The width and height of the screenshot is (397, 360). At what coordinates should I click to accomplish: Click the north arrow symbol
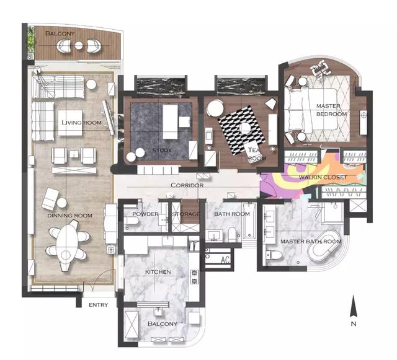tap(354, 306)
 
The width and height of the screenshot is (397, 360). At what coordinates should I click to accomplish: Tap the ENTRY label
tap(98, 305)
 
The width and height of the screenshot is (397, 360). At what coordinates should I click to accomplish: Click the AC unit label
tap(225, 260)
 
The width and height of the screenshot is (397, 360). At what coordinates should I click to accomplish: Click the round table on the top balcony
tap(79, 45)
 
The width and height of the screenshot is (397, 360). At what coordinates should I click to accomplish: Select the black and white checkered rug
tap(242, 130)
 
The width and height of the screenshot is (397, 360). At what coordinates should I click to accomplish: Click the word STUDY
tap(162, 151)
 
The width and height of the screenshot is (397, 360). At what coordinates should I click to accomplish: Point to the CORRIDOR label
tap(187, 185)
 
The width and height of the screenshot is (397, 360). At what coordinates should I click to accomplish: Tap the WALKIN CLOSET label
tap(323, 177)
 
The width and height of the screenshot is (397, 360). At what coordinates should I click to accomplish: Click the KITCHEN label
tap(158, 272)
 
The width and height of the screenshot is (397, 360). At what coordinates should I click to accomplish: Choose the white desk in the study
tap(170, 121)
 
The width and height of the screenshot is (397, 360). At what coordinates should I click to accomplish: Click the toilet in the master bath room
tap(274, 255)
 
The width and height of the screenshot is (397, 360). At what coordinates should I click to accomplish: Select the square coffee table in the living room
tap(70, 123)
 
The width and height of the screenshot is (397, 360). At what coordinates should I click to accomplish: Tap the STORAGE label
tap(186, 214)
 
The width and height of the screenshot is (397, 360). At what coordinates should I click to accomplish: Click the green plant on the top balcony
tap(30, 39)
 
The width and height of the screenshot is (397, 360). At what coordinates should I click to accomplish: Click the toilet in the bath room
tap(232, 234)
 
